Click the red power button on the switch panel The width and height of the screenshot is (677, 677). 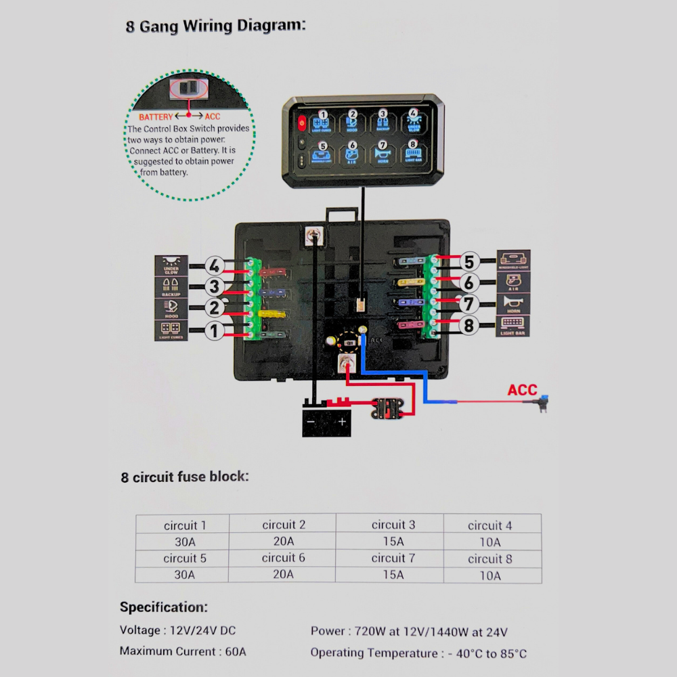[x=301, y=124]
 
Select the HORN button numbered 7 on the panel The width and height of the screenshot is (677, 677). [x=383, y=152]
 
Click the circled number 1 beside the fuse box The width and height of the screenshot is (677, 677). [x=215, y=332]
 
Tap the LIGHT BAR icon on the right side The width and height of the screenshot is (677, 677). [x=513, y=326]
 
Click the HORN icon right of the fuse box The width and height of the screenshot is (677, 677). [x=513, y=303]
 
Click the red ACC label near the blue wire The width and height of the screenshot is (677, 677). [x=522, y=391]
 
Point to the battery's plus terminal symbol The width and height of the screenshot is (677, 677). [x=342, y=422]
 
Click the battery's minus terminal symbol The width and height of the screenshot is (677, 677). [x=311, y=422]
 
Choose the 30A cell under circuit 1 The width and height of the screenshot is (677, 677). [x=183, y=542]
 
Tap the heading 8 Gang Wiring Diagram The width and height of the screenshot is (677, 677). [x=215, y=27]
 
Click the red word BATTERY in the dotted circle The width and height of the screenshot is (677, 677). [x=156, y=117]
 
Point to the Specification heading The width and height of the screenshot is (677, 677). [x=163, y=607]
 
